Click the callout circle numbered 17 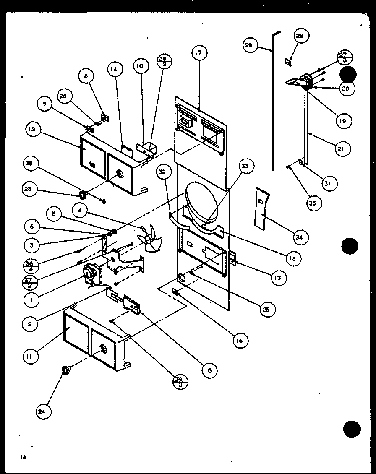198,53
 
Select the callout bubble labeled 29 249,45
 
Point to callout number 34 299,237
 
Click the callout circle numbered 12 33,130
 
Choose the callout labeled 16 239,341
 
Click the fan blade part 150,238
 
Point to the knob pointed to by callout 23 83,195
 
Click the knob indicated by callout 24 66,370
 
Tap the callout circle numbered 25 267,310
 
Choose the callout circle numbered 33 245,166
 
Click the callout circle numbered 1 31,300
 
